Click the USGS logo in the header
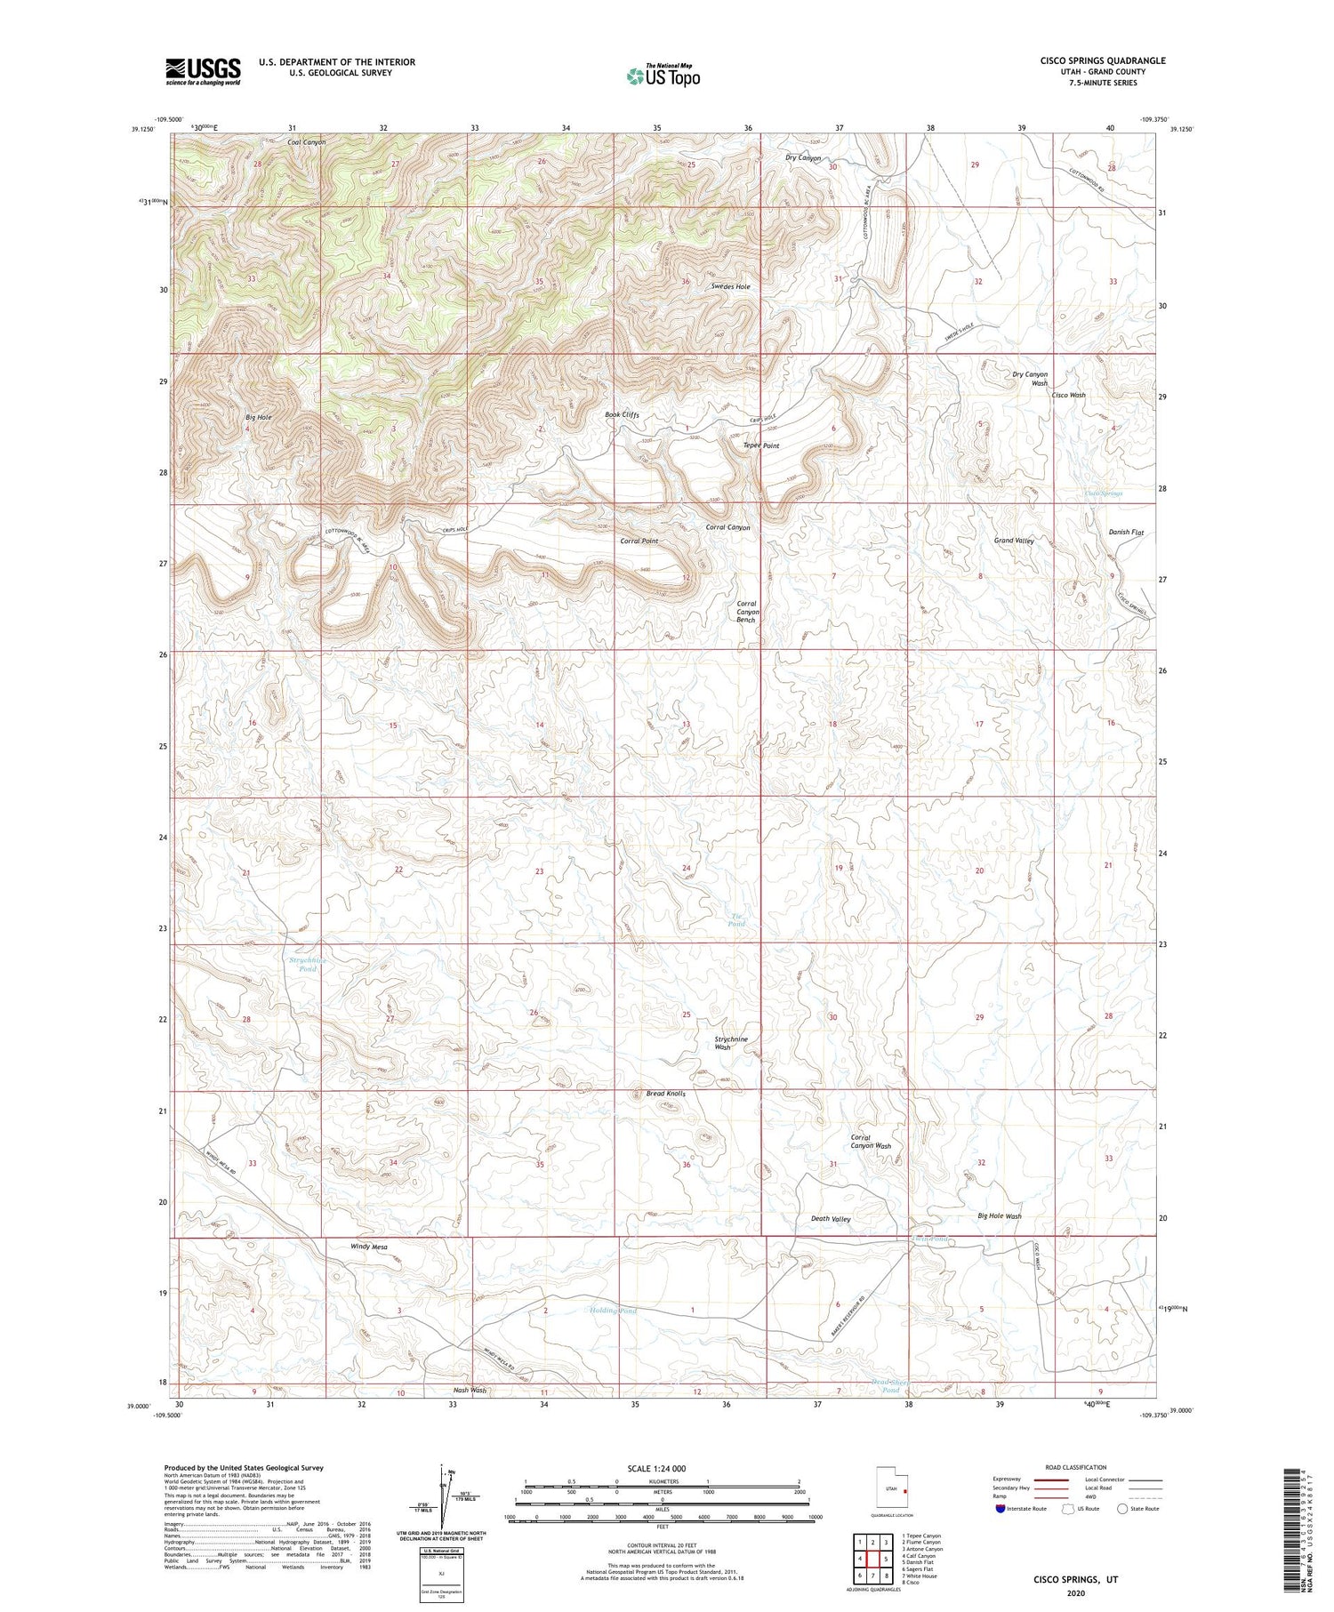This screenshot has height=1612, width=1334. [x=203, y=71]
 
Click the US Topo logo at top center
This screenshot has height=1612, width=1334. [x=663, y=76]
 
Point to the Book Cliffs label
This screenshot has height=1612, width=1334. [x=622, y=415]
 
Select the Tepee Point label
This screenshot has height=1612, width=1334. [x=760, y=445]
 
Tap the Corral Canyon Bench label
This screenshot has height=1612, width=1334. [x=746, y=612]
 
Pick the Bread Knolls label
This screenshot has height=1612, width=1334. [x=665, y=1094]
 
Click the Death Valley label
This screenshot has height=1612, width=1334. [x=831, y=1219]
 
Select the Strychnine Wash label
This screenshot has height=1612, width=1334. [x=731, y=1043]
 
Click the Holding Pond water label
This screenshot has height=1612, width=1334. [x=613, y=1311]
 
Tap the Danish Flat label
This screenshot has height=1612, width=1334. [x=1125, y=532]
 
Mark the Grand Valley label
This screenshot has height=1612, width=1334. [x=1013, y=541]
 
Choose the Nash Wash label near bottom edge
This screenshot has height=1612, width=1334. [x=470, y=1390]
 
